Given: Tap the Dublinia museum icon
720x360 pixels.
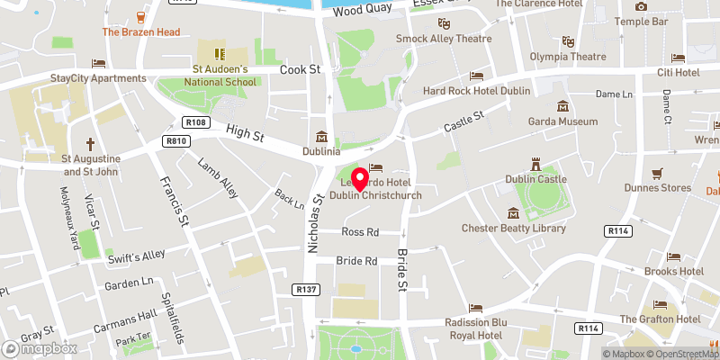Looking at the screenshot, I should coord(320,138).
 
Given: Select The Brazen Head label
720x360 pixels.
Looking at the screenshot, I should coord(141,31).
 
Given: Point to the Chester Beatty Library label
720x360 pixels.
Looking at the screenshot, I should coord(514,228).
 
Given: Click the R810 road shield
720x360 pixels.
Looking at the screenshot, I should coord(175,141).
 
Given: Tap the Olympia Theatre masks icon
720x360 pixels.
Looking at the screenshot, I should coord(568,41).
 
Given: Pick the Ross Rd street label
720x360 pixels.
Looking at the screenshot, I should coord(360,232).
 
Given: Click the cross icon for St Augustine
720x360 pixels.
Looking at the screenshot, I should coord(90,144).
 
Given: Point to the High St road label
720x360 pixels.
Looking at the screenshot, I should coord(244,131).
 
